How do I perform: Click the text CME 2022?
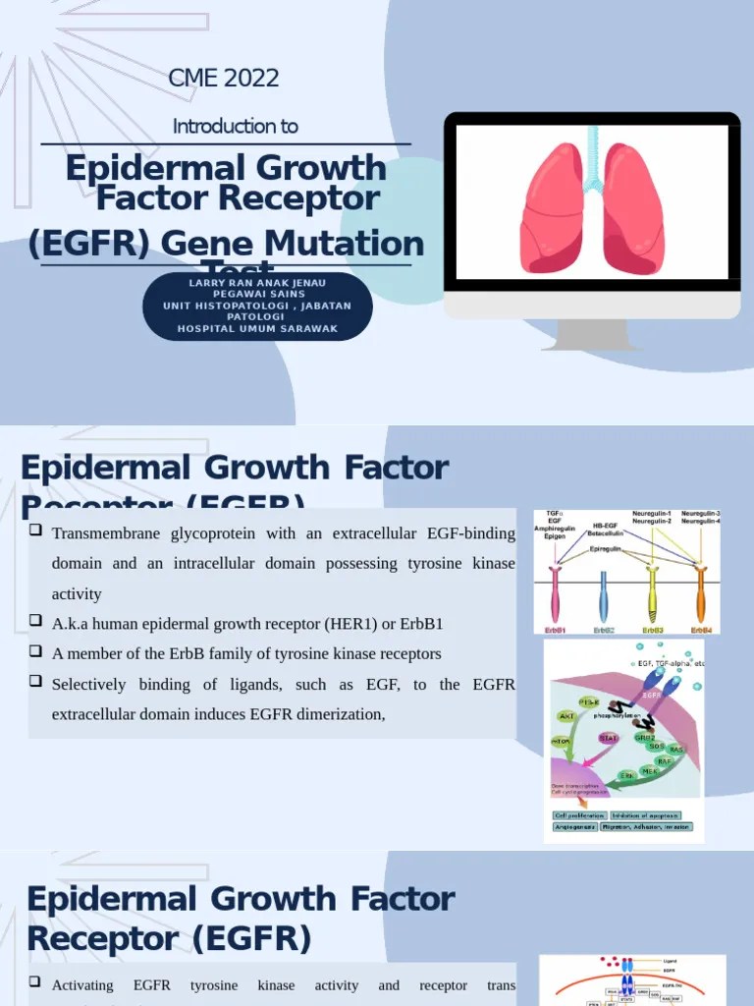pyautogui.click(x=224, y=78)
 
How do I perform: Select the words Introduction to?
pyautogui.click(x=235, y=126)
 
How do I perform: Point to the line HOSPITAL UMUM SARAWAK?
pyautogui.click(x=257, y=329)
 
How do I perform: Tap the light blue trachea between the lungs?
pyautogui.click(x=592, y=167)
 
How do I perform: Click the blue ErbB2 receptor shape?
pyautogui.click(x=604, y=599)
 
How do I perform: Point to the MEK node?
pyautogui.click(x=649, y=772)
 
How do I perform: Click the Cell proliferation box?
pyautogui.click(x=579, y=814)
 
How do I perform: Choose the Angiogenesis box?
pyautogui.click(x=577, y=828)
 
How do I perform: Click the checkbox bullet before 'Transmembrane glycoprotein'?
pyautogui.click(x=35, y=531)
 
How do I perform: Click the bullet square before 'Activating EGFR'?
pyautogui.click(x=35, y=983)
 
